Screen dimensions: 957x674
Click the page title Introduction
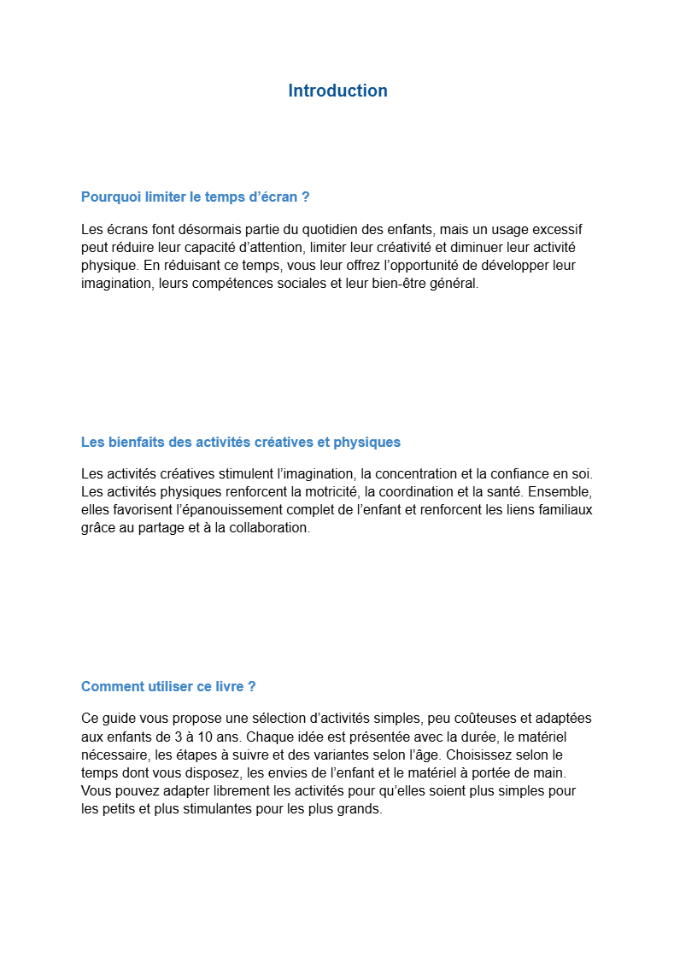(x=337, y=91)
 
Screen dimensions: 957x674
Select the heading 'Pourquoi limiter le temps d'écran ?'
(x=195, y=197)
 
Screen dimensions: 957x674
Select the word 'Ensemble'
(x=555, y=491)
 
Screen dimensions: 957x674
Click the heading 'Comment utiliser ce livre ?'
(x=168, y=686)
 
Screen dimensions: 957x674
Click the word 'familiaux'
(x=564, y=509)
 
